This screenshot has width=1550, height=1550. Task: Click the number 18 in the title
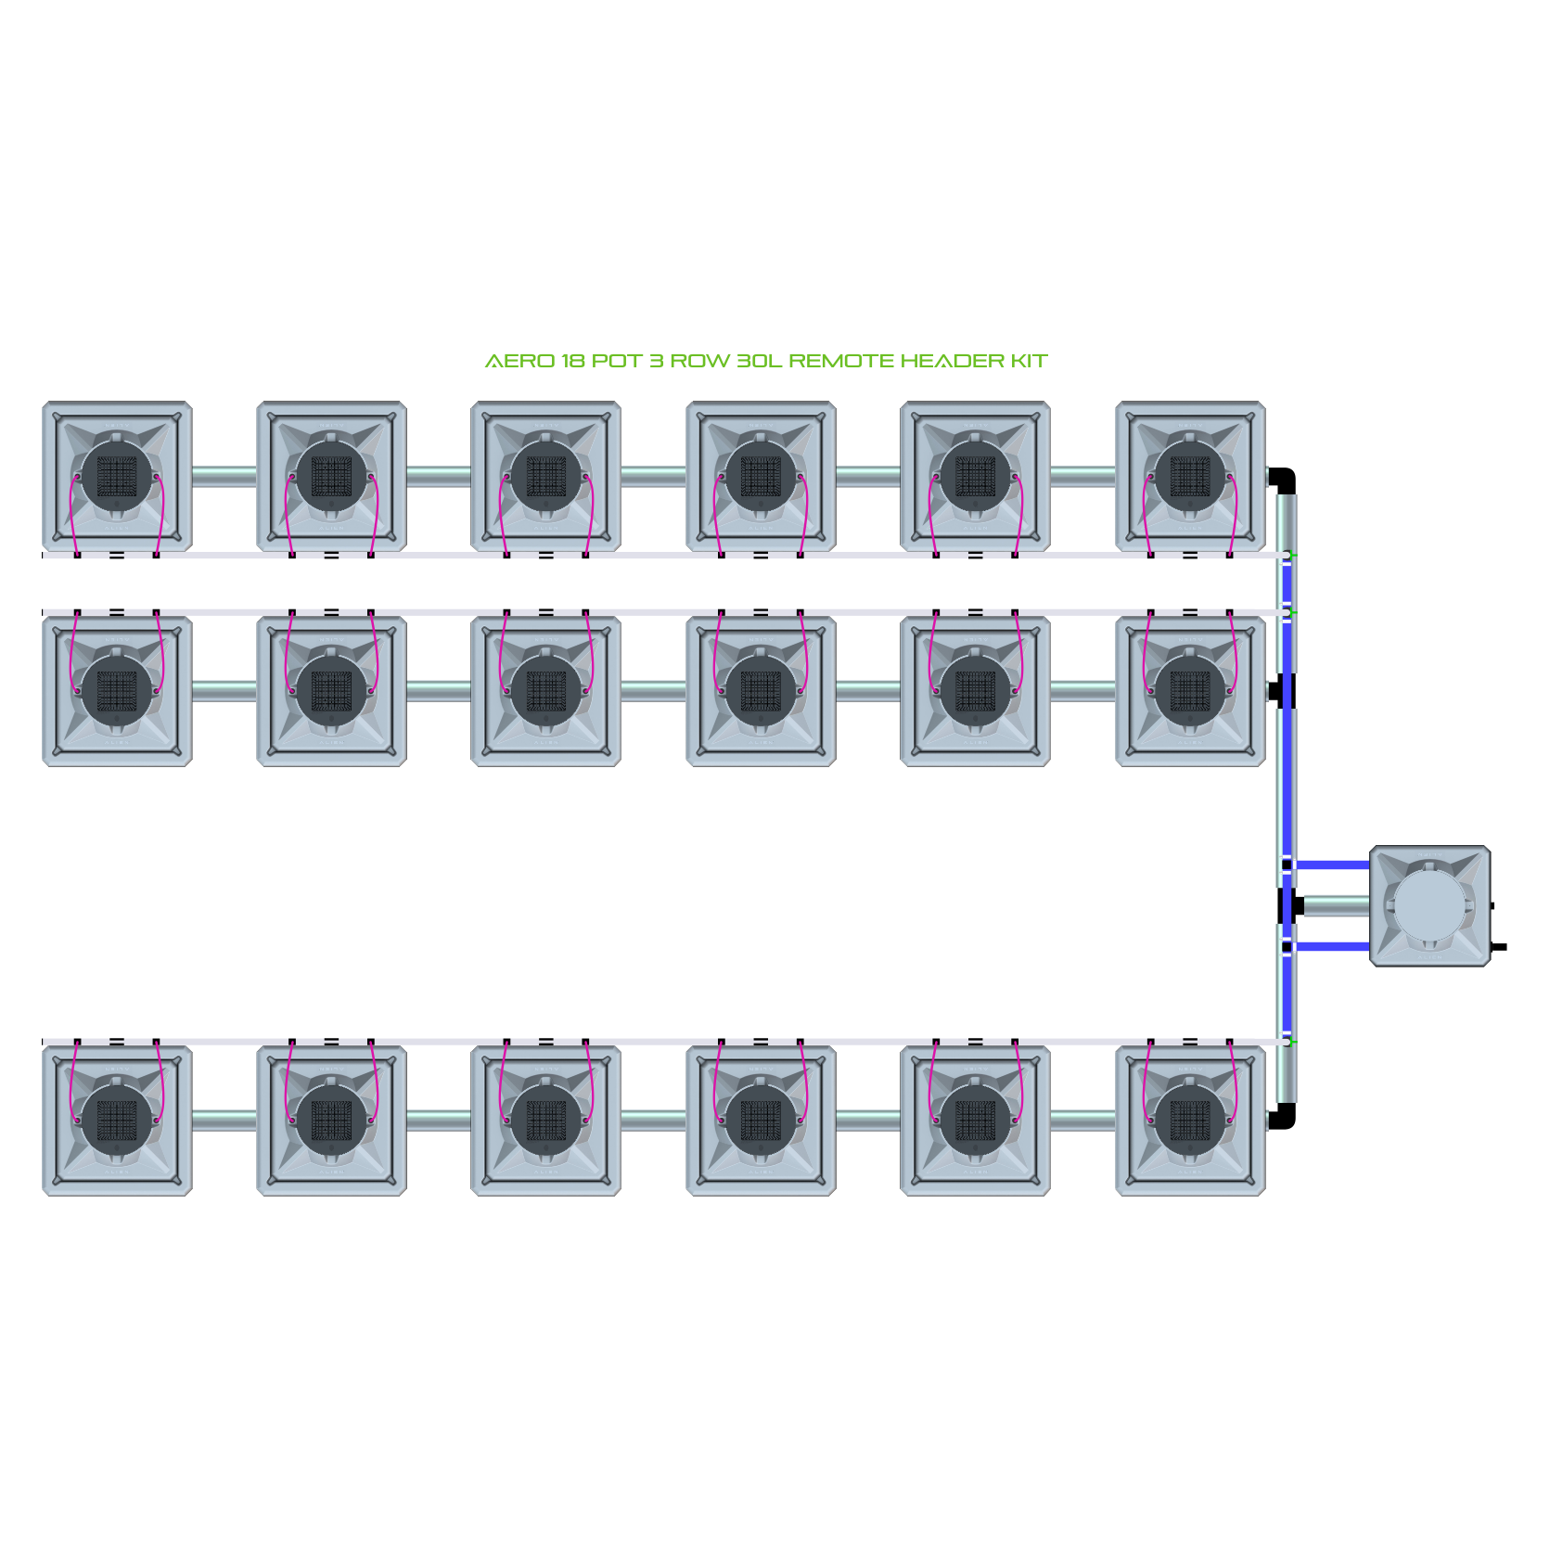coord(572,361)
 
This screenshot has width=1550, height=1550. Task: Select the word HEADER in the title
coord(952,361)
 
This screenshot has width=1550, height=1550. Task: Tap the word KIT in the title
coord(1029,361)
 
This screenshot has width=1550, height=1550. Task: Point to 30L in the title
coord(759,361)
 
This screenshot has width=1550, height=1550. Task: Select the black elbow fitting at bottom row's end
coord(1283,1116)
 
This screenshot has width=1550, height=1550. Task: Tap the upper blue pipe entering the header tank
coord(1332,865)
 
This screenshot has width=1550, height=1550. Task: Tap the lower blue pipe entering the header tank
coord(1332,946)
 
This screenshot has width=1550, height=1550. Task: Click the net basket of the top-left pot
coord(117,477)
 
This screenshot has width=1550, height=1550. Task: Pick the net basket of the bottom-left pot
coord(117,1121)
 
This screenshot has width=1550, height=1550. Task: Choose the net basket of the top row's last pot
coord(1190,477)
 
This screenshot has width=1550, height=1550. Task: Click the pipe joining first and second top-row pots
coord(224,477)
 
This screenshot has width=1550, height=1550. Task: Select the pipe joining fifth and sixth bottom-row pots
coord(1082,1121)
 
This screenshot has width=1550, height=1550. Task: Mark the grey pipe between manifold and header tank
coord(1337,906)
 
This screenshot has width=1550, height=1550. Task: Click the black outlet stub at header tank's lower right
coord(1498,947)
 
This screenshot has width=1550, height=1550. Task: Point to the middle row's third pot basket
coord(545,691)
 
